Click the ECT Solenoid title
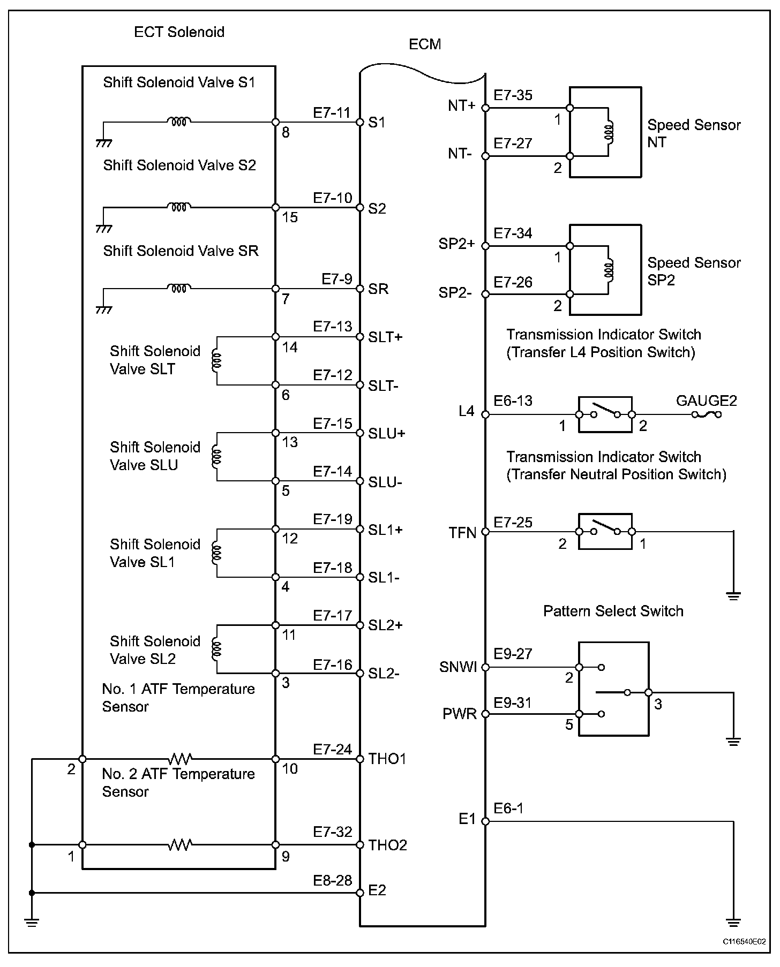pos(179,32)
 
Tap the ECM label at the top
pos(425,44)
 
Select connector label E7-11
pos(332,113)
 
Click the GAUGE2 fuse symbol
pos(706,414)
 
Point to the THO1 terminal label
pos(387,759)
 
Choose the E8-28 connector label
pos(333,880)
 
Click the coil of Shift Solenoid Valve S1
pos(179,122)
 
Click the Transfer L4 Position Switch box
pos(605,414)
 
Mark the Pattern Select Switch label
pos(613,611)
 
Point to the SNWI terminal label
pos(458,667)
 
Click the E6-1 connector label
pos(508,809)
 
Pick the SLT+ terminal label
pos(385,337)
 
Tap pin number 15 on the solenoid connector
pos(289,218)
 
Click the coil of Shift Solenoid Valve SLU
pos(217,456)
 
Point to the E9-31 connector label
pos(513,703)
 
